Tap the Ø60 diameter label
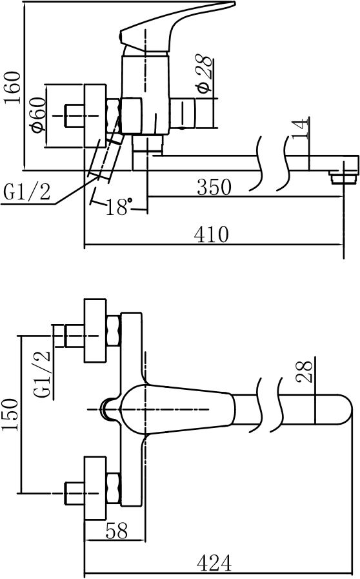[37, 115]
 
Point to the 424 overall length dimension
[213, 563]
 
